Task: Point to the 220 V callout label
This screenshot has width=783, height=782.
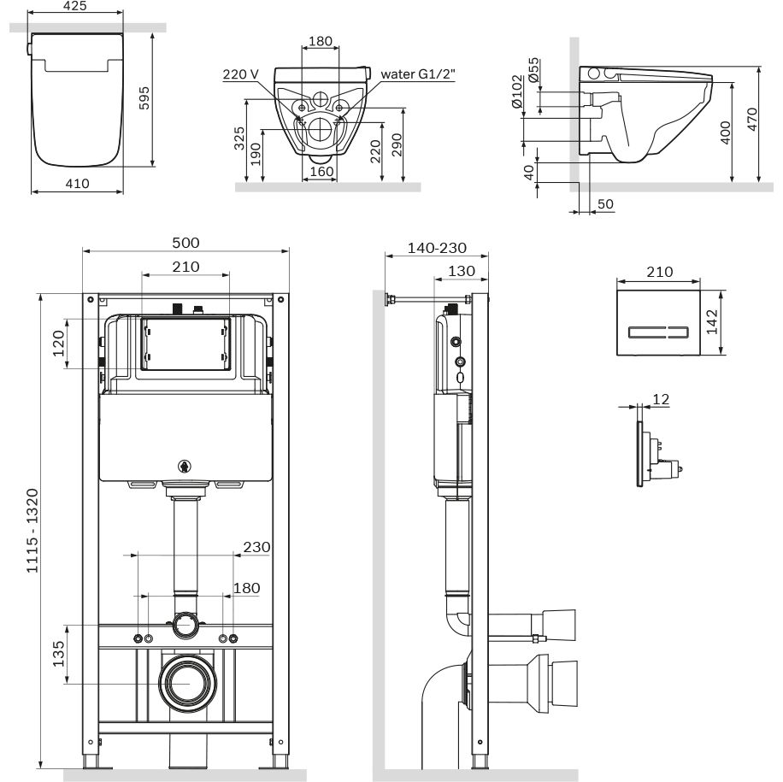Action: point(240,74)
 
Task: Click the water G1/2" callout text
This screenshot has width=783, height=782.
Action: point(418,74)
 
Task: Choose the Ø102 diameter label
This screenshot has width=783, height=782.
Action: point(515,91)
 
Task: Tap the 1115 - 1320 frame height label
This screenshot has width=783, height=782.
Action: point(32,532)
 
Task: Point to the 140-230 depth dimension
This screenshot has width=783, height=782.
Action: point(437,248)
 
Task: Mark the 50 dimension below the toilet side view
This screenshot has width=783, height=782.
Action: point(604,203)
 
